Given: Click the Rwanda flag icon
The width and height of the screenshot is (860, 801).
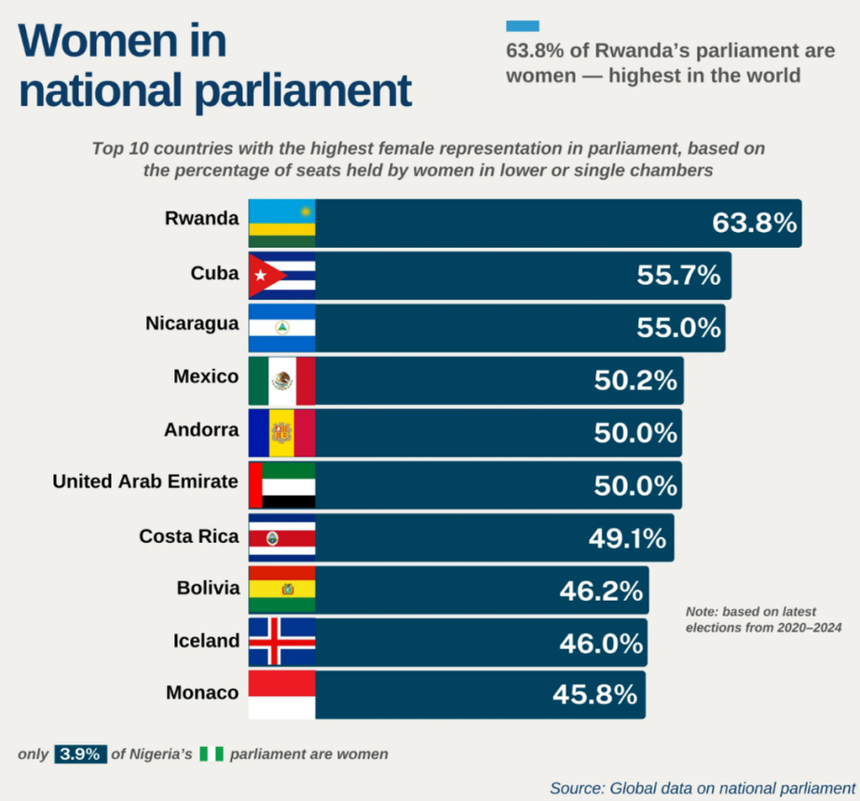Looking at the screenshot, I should click(x=281, y=224).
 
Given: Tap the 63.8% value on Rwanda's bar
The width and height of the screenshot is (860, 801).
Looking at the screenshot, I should click(x=755, y=224).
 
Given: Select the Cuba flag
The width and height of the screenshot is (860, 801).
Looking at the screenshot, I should click(x=281, y=276).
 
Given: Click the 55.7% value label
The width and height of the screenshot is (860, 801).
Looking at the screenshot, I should click(x=679, y=276).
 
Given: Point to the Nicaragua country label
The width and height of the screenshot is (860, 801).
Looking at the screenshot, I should click(x=192, y=325).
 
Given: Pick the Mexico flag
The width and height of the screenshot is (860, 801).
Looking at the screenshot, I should click(x=281, y=380).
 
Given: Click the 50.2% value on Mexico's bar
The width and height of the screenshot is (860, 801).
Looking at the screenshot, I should click(x=635, y=380).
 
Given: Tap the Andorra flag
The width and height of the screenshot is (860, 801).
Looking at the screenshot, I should click(x=281, y=432).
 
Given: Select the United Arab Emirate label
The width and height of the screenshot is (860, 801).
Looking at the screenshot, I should click(x=145, y=482).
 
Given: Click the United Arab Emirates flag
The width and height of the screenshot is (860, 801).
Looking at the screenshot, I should click(x=281, y=484).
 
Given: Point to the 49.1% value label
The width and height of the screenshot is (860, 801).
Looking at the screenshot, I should click(x=627, y=537).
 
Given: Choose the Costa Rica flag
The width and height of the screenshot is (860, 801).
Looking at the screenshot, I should click(x=281, y=537).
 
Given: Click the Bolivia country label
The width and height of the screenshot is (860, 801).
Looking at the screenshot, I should click(x=208, y=589).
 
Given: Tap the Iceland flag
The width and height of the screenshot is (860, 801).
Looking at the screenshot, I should click(x=281, y=642).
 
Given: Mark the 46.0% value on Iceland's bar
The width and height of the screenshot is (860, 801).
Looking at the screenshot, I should click(x=601, y=643).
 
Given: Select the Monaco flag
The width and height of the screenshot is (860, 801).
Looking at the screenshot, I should click(x=281, y=694).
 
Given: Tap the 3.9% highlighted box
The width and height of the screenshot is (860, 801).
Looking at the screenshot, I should click(x=81, y=754).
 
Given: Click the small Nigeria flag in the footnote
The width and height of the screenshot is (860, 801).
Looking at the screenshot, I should click(x=212, y=754).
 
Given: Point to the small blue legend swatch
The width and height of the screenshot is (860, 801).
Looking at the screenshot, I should click(x=523, y=26).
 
